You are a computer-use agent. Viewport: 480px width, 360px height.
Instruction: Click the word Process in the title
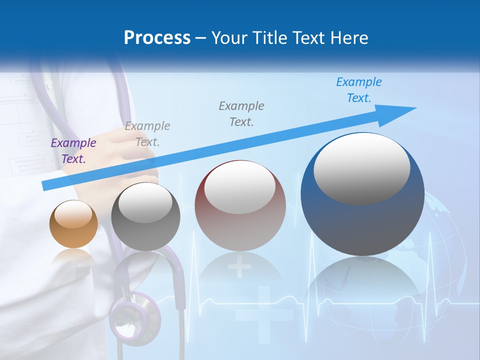click(157, 38)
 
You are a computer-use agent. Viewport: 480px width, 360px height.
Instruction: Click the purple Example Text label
click(73, 151)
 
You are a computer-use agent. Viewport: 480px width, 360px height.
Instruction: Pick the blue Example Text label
click(358, 90)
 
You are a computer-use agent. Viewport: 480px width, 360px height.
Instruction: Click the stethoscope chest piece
click(135, 316)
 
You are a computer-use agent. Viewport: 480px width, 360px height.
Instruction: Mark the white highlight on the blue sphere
click(361, 167)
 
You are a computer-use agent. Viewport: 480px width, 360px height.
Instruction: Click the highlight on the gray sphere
click(145, 202)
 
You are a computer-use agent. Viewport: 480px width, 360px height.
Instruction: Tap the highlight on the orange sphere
click(73, 214)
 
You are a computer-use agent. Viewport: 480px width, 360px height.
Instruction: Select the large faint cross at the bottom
click(263, 315)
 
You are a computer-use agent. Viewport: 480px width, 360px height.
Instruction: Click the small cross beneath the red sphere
click(239, 267)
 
